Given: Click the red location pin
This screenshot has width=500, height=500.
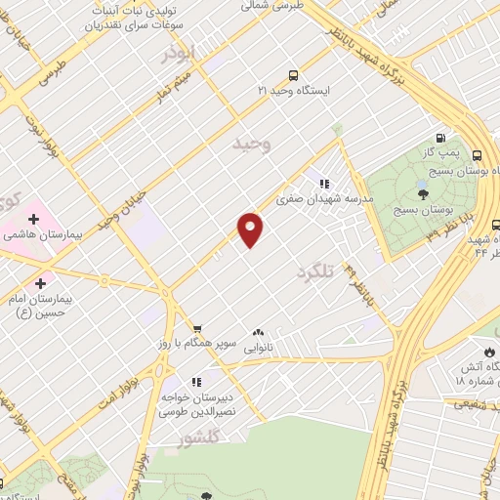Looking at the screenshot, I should point(251,229).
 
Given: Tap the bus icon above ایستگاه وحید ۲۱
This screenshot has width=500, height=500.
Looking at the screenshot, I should point(294,75).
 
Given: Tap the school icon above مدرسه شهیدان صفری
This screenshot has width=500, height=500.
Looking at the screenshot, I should point(324,183).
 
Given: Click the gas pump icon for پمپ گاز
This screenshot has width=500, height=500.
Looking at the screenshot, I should point(440,139).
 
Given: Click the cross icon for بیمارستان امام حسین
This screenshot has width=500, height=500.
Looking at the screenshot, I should point(40,282).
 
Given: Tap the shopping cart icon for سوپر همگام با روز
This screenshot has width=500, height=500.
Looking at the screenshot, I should point(197,329).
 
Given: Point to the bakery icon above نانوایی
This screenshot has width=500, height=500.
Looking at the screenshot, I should point(259,332).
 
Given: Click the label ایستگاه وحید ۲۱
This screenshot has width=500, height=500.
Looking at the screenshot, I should point(294,90).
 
